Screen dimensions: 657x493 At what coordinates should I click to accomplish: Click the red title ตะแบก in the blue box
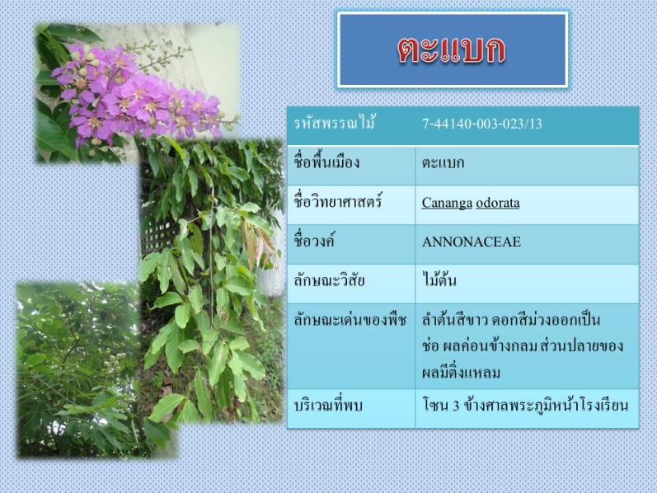452,50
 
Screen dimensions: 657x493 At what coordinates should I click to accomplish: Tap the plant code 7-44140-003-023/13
482,124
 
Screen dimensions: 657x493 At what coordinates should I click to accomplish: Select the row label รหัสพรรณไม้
334,124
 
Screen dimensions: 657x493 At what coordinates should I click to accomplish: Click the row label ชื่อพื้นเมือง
326,162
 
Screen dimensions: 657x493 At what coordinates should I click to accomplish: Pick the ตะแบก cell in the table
443,162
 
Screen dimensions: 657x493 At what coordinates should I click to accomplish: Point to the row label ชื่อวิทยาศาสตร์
338,202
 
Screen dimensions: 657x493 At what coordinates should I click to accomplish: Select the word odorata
498,203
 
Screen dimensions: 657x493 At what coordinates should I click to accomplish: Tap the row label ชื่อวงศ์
314,241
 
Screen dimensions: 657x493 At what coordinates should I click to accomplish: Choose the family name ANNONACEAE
472,242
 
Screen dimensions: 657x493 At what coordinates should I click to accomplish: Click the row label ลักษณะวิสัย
329,280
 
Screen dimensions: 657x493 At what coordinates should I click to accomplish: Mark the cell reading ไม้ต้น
439,279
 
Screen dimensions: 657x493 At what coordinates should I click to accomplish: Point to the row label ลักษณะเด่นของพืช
350,320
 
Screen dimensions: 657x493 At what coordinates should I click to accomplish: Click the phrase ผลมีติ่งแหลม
461,373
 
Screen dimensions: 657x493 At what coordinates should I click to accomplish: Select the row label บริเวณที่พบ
327,406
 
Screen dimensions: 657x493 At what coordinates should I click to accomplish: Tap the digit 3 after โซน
456,406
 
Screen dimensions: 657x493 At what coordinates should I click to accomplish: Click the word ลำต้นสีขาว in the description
454,320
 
